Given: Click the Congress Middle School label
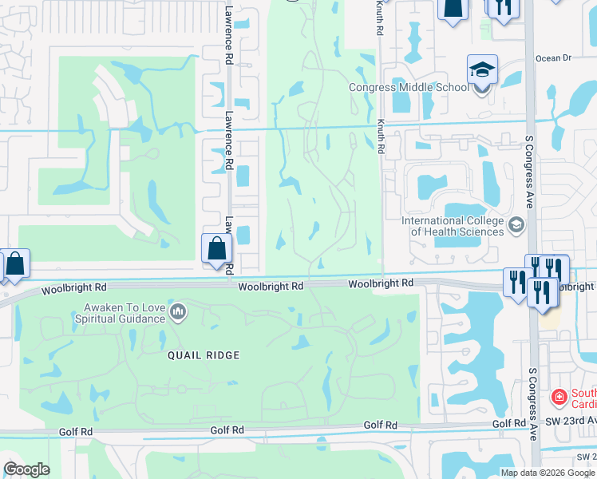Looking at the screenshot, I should click(409, 88).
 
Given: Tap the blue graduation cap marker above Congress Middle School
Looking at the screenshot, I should click(482, 70).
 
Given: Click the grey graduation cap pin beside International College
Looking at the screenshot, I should click(515, 224).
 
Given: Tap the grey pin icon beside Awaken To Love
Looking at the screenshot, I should click(178, 311).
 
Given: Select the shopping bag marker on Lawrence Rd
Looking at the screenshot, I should click(217, 248).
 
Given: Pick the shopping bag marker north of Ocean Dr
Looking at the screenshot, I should click(452, 9).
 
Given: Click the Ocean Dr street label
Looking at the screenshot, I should click(554, 57).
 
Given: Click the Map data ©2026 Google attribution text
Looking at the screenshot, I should click(548, 473).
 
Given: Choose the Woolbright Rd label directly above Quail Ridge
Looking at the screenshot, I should click(271, 286).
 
